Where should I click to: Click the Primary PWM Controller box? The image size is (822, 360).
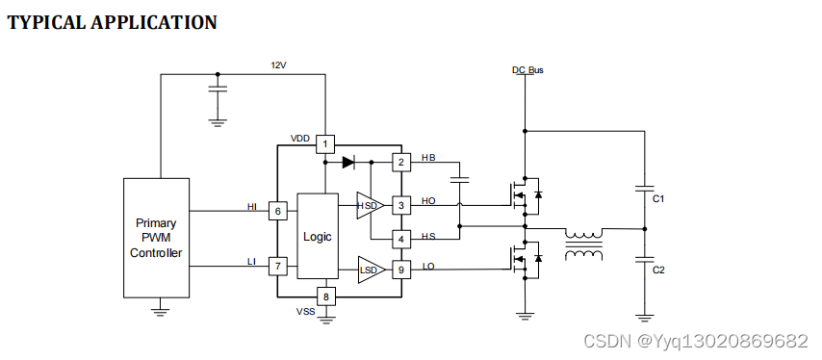pyautogui.click(x=156, y=238)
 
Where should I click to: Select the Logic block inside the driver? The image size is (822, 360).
pyautogui.click(x=317, y=236)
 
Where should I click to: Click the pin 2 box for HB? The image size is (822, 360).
pyautogui.click(x=400, y=162)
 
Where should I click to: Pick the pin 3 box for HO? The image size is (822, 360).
pyautogui.click(x=400, y=205)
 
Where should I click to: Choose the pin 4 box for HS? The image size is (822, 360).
pyautogui.click(x=400, y=238)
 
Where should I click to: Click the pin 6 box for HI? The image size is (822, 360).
pyautogui.click(x=277, y=211)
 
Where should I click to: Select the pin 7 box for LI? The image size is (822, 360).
pyautogui.click(x=277, y=266)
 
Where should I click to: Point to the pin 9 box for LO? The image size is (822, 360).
pyautogui.click(x=400, y=270)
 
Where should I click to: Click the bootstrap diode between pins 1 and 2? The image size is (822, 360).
pyautogui.click(x=348, y=162)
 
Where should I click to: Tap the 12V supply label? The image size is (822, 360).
pyautogui.click(x=279, y=65)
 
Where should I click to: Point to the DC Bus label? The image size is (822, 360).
pyautogui.click(x=527, y=70)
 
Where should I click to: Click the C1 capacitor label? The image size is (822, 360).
pyautogui.click(x=658, y=198)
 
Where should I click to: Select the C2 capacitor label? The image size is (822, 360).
pyautogui.click(x=658, y=270)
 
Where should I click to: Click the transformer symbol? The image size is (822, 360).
pyautogui.click(x=583, y=244)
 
